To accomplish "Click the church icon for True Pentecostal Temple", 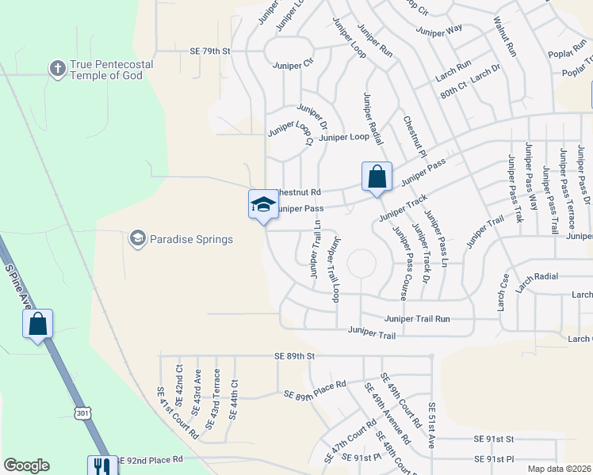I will (57, 69).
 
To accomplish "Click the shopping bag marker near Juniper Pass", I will (377, 176).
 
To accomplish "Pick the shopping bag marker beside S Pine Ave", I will (37, 323).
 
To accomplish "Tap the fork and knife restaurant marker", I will (101, 465).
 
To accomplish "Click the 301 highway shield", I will (84, 413).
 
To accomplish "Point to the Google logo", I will (26, 465).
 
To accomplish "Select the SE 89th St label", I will (294, 357).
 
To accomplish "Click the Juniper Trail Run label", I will (417, 318).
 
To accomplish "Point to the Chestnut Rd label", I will (298, 192).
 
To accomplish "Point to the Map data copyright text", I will (558, 469).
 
